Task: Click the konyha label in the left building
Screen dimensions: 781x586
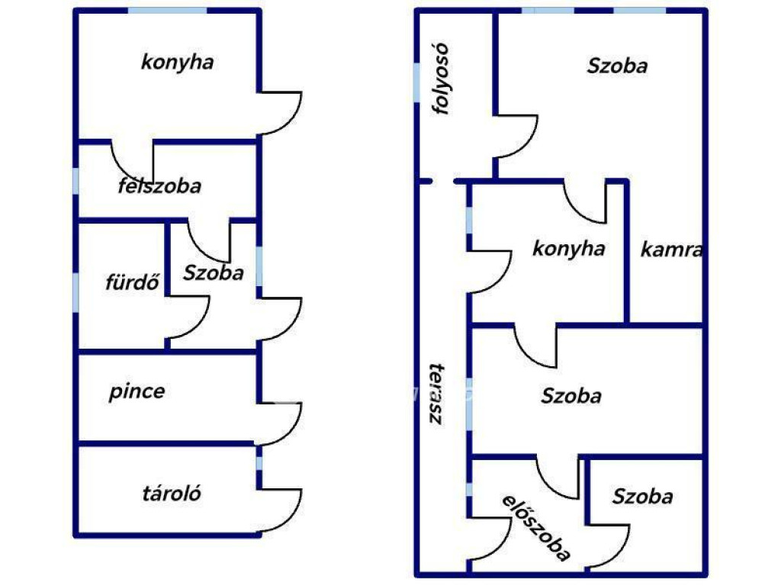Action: coord(177,63)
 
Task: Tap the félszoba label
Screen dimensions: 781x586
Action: coord(159,185)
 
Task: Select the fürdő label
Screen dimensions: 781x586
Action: coord(132,282)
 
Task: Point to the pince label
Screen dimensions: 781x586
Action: coord(137,391)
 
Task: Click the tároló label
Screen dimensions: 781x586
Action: coord(172,494)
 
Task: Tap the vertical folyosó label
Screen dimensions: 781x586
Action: coord(442,79)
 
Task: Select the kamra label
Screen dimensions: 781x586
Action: coord(671,250)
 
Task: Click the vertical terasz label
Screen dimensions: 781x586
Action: coord(437,394)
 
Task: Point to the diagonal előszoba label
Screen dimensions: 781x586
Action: coord(536,528)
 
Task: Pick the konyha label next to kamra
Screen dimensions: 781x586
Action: coord(569,248)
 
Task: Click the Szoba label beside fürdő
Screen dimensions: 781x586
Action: coord(214,272)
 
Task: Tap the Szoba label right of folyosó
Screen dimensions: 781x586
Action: coord(617,66)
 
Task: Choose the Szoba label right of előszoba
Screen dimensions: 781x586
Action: coord(642,496)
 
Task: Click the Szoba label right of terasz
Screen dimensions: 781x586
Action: coord(571,396)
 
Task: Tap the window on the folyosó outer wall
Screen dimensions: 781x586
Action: coord(416,82)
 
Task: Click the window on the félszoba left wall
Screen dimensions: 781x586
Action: coord(76,181)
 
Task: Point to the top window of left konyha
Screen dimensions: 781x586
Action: coord(167,11)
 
